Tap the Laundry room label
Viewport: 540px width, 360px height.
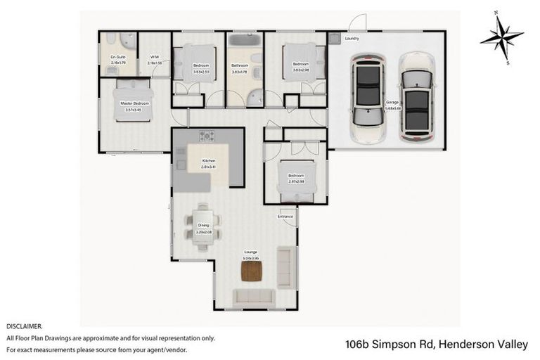pyautogui.click(x=352, y=39)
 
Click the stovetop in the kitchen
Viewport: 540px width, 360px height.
pyautogui.click(x=207, y=136)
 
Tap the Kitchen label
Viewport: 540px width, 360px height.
pyautogui.click(x=209, y=161)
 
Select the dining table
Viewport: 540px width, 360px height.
pyautogui.click(x=202, y=226)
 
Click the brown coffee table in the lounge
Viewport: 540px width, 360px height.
pyautogui.click(x=251, y=271)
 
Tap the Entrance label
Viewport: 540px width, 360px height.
pyautogui.click(x=285, y=217)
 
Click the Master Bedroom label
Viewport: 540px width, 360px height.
pyautogui.click(x=134, y=103)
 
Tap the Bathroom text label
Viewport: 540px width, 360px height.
pyautogui.click(x=240, y=65)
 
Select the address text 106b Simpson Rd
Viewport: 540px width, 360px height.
pyautogui.click(x=390, y=345)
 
